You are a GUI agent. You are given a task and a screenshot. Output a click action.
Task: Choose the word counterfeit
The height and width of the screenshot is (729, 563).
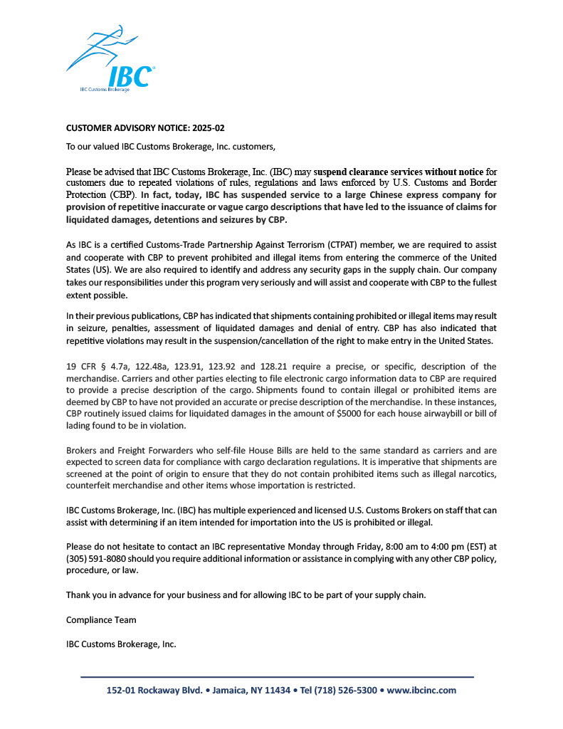click(91, 486)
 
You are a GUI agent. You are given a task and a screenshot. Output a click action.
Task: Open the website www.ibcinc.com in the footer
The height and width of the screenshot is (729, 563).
click(421, 691)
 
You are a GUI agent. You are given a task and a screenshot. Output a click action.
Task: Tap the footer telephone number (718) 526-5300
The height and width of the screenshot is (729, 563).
click(343, 691)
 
